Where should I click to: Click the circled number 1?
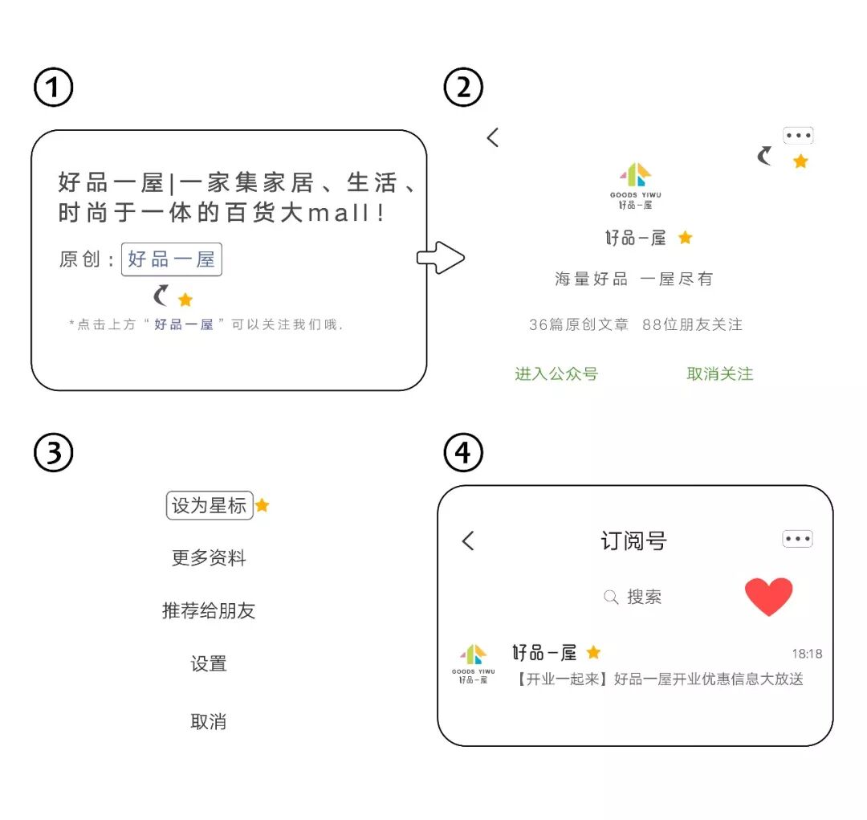(53, 88)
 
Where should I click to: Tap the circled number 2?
(464, 88)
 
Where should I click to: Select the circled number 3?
(53, 454)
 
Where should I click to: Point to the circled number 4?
(464, 454)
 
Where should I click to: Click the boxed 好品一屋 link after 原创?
(172, 260)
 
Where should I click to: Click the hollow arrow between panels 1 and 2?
(441, 258)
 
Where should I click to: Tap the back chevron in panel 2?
(493, 137)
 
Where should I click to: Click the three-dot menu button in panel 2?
(798, 136)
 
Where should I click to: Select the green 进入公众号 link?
(556, 373)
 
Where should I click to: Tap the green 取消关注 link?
(720, 373)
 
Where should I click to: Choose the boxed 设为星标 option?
(210, 505)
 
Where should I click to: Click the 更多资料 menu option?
(209, 558)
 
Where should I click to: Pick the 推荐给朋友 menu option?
(209, 610)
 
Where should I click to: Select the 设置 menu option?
(209, 663)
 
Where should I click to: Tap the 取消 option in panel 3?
(209, 721)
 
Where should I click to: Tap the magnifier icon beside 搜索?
(611, 597)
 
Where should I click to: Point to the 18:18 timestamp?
(807, 654)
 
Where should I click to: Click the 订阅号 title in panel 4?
(633, 541)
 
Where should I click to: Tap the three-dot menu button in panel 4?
(798, 539)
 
